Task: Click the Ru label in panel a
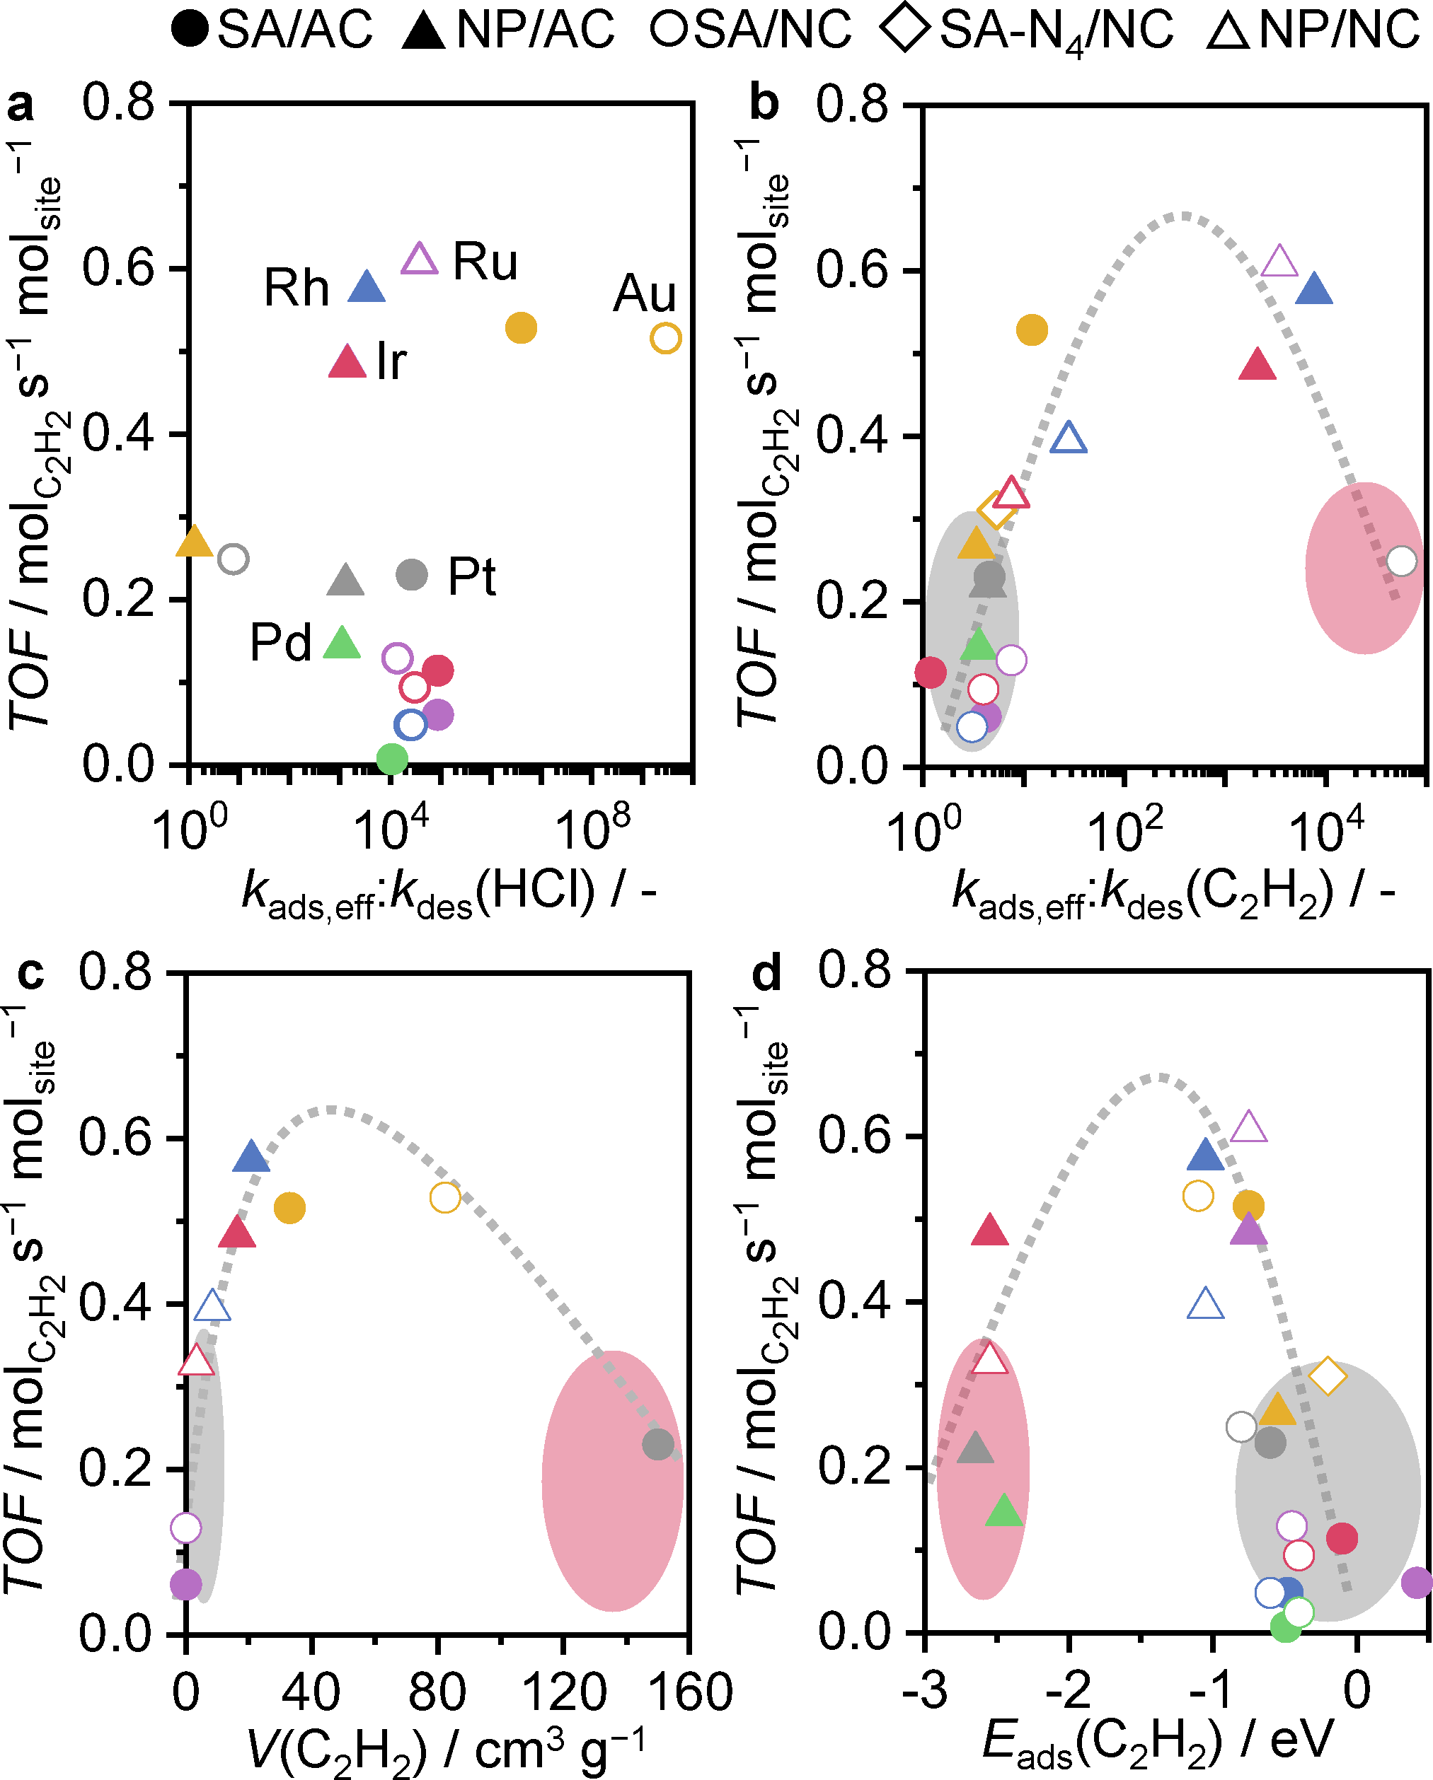485,262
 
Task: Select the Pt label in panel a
471,576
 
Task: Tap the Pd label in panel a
281,642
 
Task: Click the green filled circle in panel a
391,758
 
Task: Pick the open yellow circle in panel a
666,337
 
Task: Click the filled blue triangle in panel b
1314,290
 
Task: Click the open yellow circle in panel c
445,1197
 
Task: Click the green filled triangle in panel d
1004,1510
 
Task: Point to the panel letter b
764,103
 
